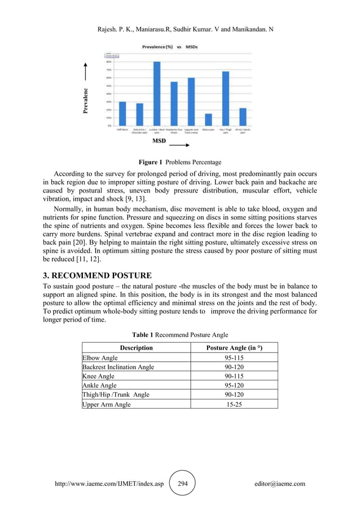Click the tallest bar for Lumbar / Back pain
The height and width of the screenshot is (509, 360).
point(157,94)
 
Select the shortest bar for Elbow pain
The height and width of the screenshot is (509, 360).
point(208,120)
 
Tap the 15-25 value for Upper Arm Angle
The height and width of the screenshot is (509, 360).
point(234,404)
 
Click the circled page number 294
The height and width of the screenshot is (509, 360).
point(182,484)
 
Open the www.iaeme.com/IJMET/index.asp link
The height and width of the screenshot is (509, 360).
point(107,484)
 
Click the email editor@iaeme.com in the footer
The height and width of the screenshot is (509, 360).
point(280,484)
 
